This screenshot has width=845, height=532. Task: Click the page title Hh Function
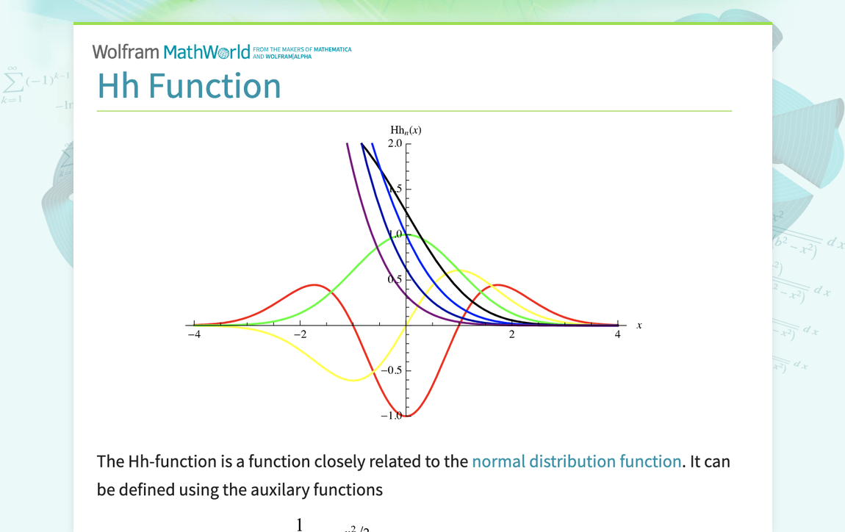189,85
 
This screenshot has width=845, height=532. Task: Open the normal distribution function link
576,461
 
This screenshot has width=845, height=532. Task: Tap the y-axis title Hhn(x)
406,130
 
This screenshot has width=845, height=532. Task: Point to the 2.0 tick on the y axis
395,143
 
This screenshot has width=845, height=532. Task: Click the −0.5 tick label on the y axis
391,370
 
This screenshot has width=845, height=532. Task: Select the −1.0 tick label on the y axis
391,415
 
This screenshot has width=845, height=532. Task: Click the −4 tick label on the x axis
194,335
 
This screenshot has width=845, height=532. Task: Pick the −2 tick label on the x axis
300,335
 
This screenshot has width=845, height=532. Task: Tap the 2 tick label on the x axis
512,335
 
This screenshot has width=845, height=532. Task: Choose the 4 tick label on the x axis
617,335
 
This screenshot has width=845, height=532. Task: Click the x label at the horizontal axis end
639,326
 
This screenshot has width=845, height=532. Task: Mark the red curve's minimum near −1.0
406,416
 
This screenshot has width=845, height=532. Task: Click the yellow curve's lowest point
354,380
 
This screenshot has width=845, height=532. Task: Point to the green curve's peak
406,235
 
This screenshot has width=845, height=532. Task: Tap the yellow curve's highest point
459,270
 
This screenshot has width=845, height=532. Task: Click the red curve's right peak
498,284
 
